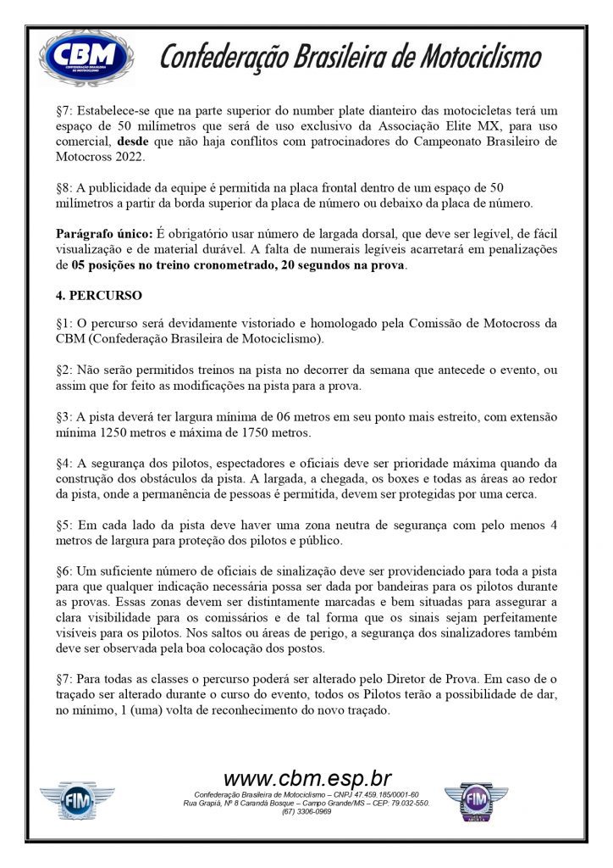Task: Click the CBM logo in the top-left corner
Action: click(x=86, y=58)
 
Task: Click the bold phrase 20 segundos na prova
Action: click(x=341, y=265)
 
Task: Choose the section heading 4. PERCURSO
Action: click(x=99, y=297)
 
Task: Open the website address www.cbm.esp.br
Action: click(x=306, y=777)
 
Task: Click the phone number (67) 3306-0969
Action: click(x=306, y=811)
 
